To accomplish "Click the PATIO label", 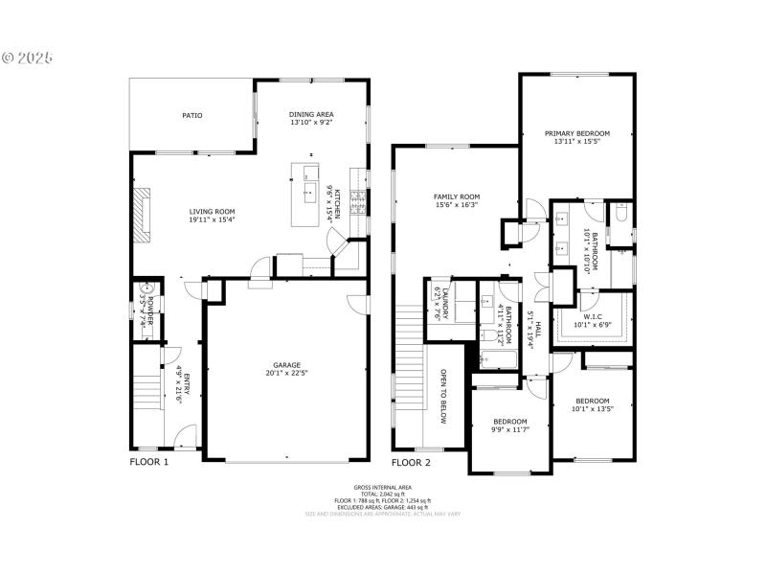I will [x=192, y=116].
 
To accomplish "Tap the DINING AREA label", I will [x=311, y=114].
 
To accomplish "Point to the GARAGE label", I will [x=287, y=365].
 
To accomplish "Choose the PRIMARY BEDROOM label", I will [x=577, y=133].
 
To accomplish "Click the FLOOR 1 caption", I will [x=149, y=462].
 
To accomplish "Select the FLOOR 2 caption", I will [x=411, y=462].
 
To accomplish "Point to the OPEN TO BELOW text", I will [x=443, y=395].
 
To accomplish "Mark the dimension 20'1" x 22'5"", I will [x=287, y=374].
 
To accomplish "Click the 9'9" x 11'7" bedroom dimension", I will [x=509, y=430].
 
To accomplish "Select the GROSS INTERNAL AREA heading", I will [x=382, y=487].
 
